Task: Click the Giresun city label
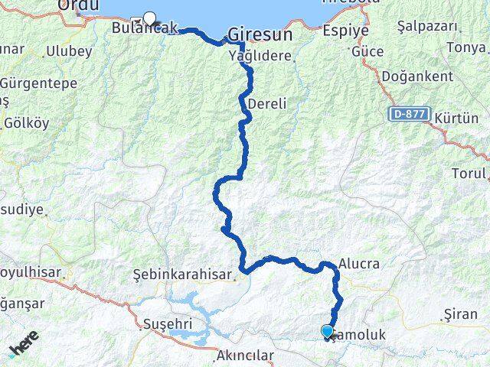coord(260,35)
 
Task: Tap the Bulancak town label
coord(144,28)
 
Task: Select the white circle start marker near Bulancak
coord(149,19)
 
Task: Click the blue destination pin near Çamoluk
coord(328,331)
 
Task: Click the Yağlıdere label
coord(260,56)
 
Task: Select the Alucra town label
coord(358,264)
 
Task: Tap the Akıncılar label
coord(245,356)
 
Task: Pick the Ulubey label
coord(69,51)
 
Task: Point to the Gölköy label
coord(26,122)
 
